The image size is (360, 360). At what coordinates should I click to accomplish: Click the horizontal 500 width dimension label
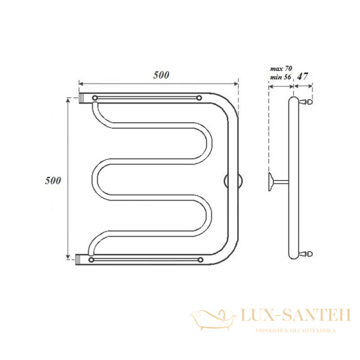161,75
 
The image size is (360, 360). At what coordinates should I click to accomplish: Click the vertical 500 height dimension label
53,181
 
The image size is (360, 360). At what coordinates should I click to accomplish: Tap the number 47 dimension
302,76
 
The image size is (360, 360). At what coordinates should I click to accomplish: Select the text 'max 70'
281,68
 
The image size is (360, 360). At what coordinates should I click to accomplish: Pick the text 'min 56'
280,77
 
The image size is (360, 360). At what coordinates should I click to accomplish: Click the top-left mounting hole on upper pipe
95,98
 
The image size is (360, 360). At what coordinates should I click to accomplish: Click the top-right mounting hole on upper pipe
199,98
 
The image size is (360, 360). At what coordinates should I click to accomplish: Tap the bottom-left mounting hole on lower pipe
91,260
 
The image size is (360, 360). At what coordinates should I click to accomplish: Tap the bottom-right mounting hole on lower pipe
200,260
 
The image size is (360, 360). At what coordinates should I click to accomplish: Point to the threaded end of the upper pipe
81,98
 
